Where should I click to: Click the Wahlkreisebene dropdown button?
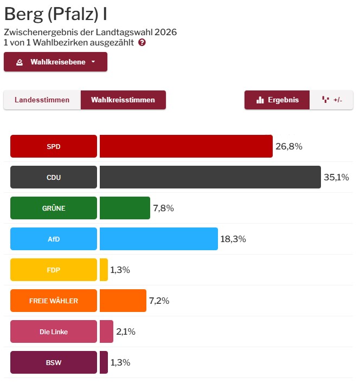55,62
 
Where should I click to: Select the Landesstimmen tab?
42,100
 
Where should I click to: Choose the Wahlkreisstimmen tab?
123,100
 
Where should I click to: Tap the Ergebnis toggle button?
277,100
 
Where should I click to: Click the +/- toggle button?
331,100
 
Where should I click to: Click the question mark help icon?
142,42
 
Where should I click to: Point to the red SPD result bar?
186,146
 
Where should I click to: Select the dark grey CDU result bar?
210,177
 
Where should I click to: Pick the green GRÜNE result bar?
125,208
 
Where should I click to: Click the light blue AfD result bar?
158,239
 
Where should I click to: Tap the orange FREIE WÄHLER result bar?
123,301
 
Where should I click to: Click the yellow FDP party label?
54,270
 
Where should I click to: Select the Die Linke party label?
54,331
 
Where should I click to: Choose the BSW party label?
54,362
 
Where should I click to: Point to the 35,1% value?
336,177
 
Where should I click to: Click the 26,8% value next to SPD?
289,146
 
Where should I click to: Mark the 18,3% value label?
233,239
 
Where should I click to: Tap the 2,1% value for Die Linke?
126,331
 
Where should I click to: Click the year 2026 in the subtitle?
165,32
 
